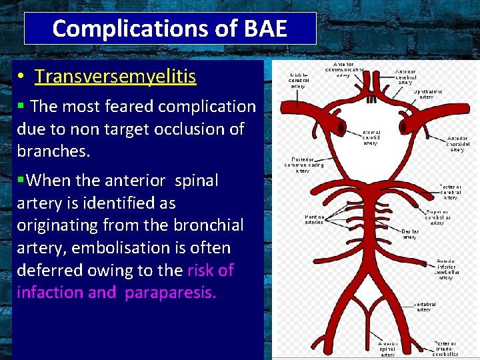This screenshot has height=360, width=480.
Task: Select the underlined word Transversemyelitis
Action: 115,77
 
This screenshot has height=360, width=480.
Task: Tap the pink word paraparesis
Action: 170,293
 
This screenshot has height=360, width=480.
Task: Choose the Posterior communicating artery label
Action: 303,165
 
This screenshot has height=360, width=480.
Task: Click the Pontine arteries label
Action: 314,219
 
